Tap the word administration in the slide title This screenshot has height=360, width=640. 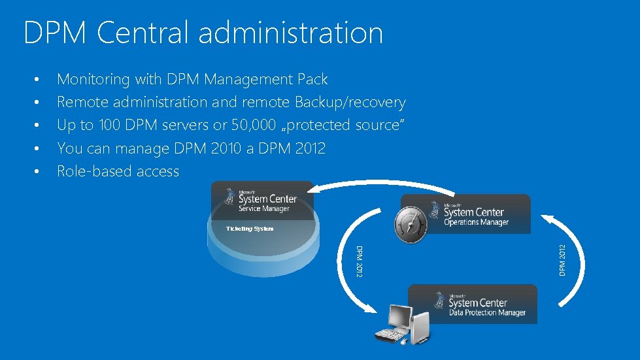291,33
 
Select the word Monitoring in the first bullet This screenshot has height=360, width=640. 94,80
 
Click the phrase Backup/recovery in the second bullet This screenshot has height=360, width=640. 350,103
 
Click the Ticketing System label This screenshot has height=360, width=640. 250,229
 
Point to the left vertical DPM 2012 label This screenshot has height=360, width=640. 358,260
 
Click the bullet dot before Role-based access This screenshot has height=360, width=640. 38,172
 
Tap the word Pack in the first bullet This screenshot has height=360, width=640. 312,80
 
